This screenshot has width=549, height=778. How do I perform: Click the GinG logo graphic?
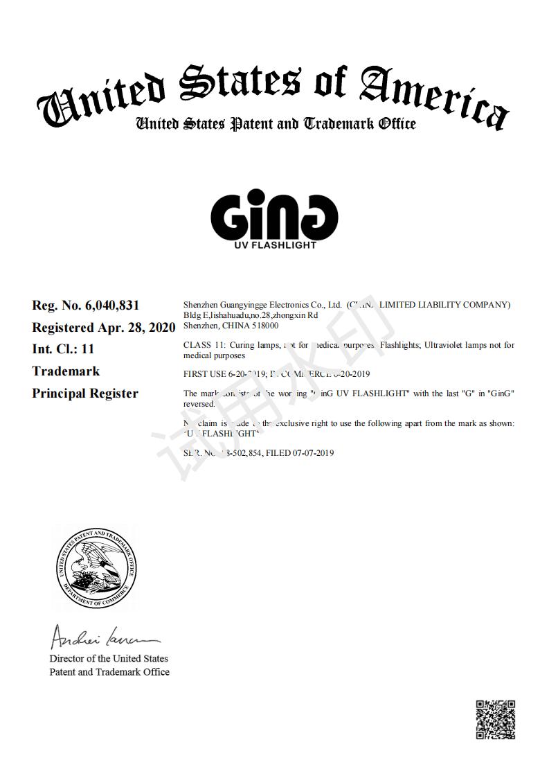(x=274, y=214)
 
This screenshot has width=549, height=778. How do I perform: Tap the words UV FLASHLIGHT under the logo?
(x=275, y=245)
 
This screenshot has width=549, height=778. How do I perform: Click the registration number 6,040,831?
(x=112, y=306)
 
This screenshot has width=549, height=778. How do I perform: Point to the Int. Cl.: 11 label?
(x=63, y=349)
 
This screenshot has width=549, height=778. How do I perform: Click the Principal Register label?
(x=85, y=394)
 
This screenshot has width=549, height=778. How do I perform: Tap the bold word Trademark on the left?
(x=66, y=371)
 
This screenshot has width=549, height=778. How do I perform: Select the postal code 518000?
(x=266, y=325)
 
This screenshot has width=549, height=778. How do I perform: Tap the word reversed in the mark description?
(x=199, y=404)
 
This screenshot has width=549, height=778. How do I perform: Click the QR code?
(x=496, y=720)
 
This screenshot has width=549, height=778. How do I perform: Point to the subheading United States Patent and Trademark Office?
(x=276, y=124)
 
